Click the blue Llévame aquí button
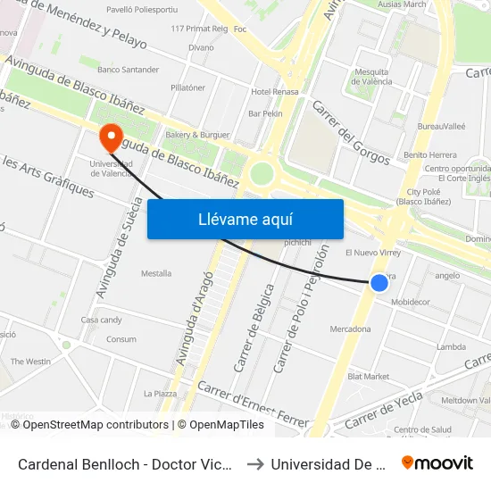pyautogui.click(x=245, y=219)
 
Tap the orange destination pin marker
pyautogui.click(x=112, y=138)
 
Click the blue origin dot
pyautogui.click(x=379, y=283)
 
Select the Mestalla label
pyautogui.click(x=156, y=273)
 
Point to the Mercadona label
pyautogui.click(x=350, y=329)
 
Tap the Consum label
pyautogui.click(x=121, y=339)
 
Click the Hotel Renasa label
pyautogui.click(x=274, y=92)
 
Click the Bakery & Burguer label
pyautogui.click(x=197, y=134)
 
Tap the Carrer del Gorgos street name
pyautogui.click(x=351, y=132)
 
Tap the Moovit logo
pyautogui.click(x=437, y=462)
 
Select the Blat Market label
pyautogui.click(x=368, y=377)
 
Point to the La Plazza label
pyautogui.click(x=160, y=394)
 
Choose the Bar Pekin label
pyautogui.click(x=265, y=114)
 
